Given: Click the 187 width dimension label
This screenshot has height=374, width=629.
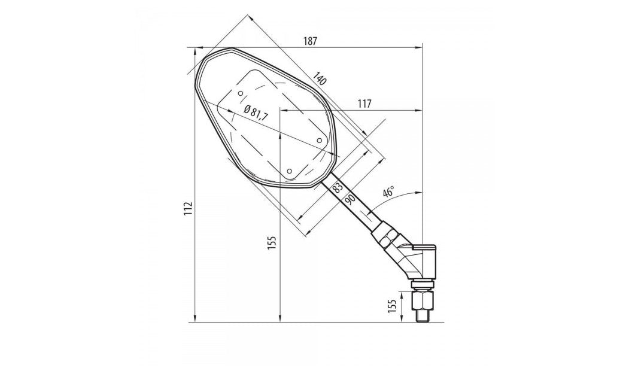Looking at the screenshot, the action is click(x=310, y=41).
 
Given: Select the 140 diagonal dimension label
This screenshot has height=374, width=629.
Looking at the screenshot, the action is click(x=320, y=78).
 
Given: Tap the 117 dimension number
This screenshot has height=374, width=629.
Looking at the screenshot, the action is click(x=364, y=104).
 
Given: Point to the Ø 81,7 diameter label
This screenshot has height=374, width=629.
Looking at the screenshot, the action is click(x=256, y=112).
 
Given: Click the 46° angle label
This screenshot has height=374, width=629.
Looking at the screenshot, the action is click(x=388, y=192).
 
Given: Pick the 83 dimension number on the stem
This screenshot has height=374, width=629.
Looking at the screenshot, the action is click(x=338, y=187).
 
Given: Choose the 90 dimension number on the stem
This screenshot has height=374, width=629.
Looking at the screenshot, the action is click(x=350, y=199).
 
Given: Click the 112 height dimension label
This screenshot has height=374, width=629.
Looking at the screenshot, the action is click(x=188, y=208).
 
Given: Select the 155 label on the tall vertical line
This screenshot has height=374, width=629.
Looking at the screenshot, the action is click(x=272, y=242).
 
